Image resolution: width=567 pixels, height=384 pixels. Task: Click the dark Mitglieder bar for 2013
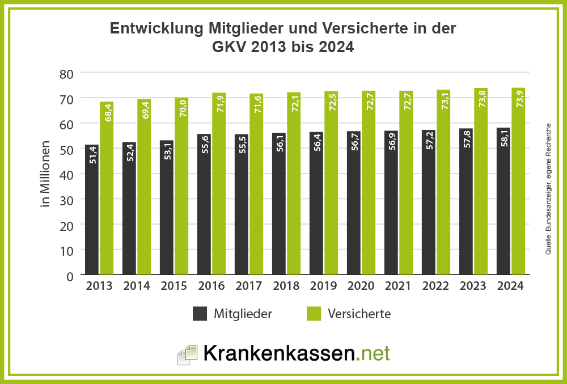click(x=91, y=210)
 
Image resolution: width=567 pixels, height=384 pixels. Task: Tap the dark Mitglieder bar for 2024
click(x=503, y=201)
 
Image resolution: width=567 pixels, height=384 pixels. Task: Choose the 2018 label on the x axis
click(x=286, y=286)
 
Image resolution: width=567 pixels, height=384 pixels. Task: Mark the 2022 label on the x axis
click(x=435, y=286)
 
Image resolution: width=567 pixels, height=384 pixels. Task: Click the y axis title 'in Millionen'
click(x=46, y=174)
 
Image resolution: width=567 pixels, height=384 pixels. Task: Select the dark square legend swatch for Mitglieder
click(x=200, y=314)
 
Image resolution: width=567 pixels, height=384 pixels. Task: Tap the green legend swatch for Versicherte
click(x=314, y=314)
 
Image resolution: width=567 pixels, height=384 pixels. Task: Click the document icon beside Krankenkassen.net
click(x=187, y=354)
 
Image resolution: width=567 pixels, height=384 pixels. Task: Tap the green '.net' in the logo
click(x=373, y=353)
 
